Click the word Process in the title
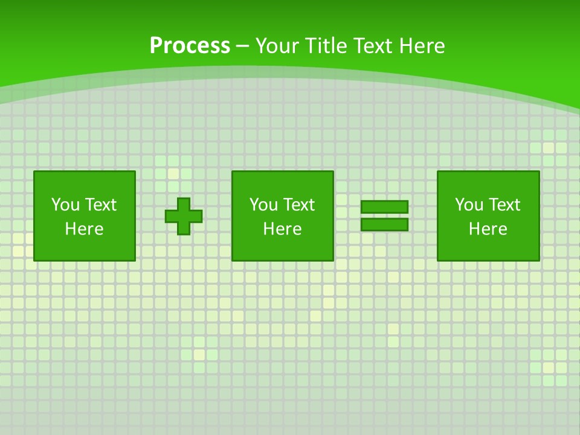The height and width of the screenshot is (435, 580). (190, 46)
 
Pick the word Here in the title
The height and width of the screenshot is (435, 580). (424, 46)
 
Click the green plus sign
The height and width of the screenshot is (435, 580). (184, 216)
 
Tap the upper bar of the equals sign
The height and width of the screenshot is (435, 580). (384, 207)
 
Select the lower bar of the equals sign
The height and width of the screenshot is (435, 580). (384, 225)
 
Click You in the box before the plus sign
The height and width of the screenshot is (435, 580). (65, 205)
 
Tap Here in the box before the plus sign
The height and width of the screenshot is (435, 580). (84, 229)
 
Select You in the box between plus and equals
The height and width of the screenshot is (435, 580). (263, 205)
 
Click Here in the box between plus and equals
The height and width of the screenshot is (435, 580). (282, 229)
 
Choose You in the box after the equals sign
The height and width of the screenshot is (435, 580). (469, 205)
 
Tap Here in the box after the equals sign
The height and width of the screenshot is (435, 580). (488, 229)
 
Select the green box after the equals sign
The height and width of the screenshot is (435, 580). (488, 248)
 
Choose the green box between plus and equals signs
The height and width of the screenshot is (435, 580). (282, 248)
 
